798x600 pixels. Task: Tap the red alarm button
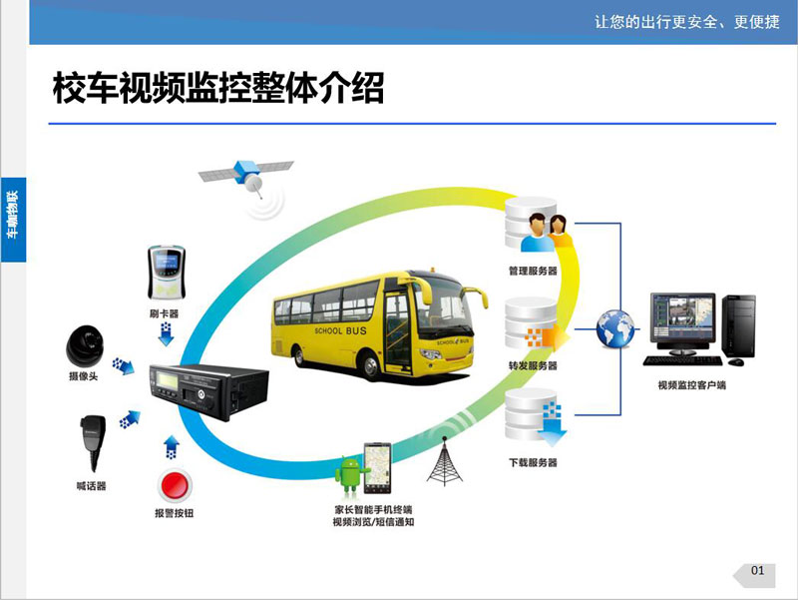point(175,485)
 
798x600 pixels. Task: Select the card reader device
point(166,274)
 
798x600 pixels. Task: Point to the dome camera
point(85,345)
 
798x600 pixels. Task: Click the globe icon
point(615,329)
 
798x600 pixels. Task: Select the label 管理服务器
point(533,271)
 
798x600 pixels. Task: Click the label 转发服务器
point(533,365)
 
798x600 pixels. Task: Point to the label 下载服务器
point(533,462)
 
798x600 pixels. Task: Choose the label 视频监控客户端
point(692,385)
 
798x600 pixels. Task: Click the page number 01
point(757,570)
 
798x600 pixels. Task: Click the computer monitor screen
point(682,316)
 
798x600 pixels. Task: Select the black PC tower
point(738,325)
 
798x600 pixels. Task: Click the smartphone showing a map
point(377,468)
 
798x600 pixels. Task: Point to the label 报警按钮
point(174,513)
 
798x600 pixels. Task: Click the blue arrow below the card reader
point(166,334)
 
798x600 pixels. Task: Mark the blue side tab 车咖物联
point(13,220)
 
